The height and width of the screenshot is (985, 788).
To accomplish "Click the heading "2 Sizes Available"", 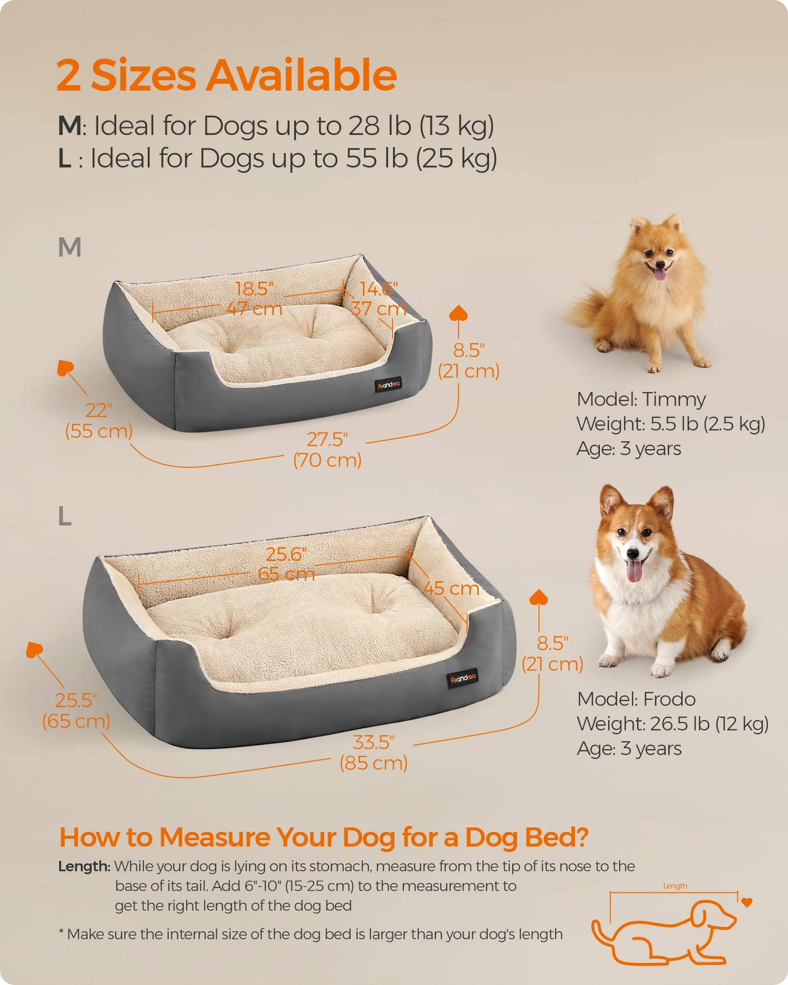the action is click(227, 75).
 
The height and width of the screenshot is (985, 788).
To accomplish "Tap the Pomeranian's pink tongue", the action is click(658, 273).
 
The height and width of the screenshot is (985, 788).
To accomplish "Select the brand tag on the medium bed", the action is click(389, 384).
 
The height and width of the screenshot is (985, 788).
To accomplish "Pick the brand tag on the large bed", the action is click(463, 678).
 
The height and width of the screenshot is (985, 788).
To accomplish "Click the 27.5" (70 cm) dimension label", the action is click(328, 450).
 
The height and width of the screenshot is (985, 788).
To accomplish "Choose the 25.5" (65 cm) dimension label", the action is click(76, 711).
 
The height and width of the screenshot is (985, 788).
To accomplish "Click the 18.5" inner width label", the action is click(254, 289).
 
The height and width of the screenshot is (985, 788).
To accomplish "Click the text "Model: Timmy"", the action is click(641, 399).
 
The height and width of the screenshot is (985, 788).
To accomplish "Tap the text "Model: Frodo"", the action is click(636, 699).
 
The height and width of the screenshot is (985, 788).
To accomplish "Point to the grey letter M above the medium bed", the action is click(69, 247).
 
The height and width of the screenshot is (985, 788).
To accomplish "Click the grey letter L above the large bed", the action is click(65, 517).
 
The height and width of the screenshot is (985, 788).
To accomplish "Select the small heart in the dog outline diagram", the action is click(747, 903).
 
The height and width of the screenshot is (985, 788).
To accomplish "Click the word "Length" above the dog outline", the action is click(675, 886).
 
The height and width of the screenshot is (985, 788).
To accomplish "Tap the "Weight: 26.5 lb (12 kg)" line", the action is click(673, 724).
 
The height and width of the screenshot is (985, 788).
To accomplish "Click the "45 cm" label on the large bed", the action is click(451, 589).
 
